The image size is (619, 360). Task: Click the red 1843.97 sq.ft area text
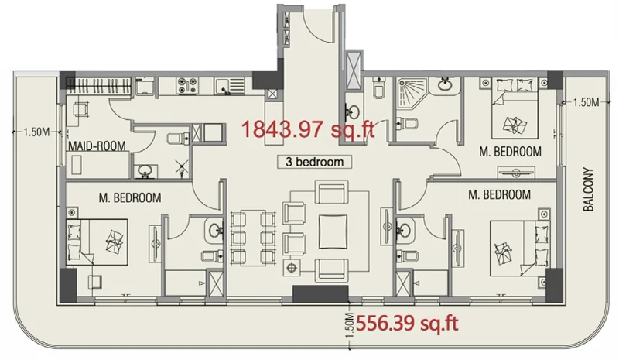coord(308,129)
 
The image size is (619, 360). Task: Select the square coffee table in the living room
coord(333,231)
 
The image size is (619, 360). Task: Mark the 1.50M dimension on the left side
coord(36,132)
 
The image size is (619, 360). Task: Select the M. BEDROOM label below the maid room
coord(130,198)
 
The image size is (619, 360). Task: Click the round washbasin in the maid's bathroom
coord(144,170)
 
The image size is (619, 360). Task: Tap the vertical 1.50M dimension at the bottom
coord(349,326)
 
